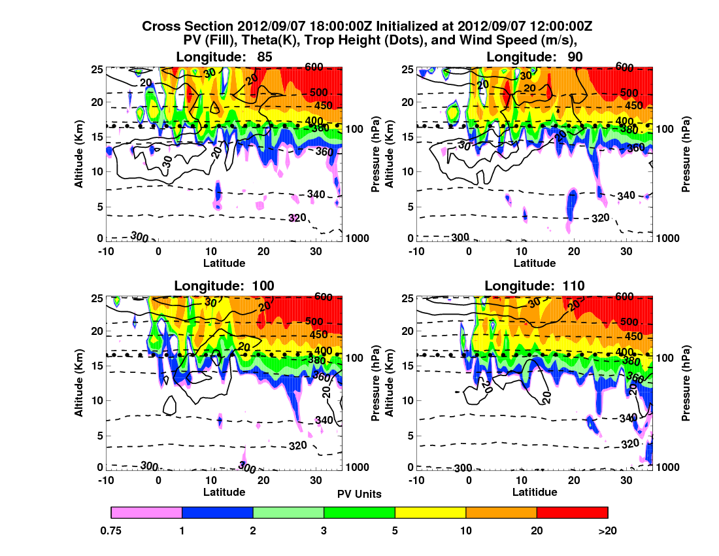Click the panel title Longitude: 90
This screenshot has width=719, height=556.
click(x=535, y=57)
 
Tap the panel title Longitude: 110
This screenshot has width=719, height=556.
click(x=535, y=285)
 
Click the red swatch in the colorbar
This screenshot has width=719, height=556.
click(x=572, y=512)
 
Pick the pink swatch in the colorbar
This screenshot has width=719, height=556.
click(x=146, y=512)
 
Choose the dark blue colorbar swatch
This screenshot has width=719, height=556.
click(x=217, y=512)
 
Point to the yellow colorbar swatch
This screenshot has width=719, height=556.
click(x=430, y=512)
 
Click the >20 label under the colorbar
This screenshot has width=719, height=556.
click(x=607, y=531)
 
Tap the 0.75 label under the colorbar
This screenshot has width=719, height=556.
click(x=112, y=531)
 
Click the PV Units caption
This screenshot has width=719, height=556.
click(x=359, y=494)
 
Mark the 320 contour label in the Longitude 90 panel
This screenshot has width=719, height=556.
click(x=601, y=217)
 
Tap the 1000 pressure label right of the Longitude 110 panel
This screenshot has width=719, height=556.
click(x=668, y=467)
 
